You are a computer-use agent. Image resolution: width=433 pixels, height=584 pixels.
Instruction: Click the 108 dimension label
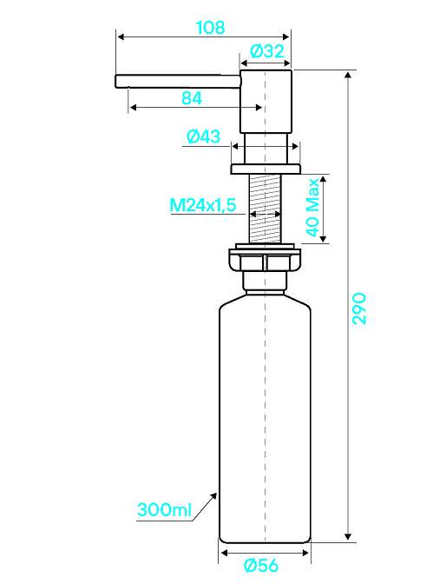click(210, 27)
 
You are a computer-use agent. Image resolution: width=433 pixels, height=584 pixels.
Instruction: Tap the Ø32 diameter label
click(267, 51)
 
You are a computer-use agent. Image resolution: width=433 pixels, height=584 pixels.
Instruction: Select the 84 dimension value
click(192, 98)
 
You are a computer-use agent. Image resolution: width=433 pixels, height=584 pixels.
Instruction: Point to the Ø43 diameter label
click(203, 136)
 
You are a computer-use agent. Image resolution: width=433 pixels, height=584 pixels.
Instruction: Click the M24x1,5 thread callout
click(203, 205)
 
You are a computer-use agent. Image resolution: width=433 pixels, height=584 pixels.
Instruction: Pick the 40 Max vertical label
click(313, 207)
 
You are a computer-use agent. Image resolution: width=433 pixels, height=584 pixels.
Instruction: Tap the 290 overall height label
click(359, 309)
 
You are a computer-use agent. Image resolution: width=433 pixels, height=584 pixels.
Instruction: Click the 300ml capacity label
click(164, 509)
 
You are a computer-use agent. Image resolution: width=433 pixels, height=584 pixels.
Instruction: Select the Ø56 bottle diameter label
click(261, 566)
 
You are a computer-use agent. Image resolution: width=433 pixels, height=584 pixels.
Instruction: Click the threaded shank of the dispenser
click(265, 209)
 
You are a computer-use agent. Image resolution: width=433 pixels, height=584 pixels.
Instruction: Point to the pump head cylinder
click(266, 101)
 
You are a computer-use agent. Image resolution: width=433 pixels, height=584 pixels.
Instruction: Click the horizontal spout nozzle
click(178, 81)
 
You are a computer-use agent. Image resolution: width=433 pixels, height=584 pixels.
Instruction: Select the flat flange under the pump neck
click(266, 169)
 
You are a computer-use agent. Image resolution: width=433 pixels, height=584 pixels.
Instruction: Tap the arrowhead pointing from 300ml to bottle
click(213, 496)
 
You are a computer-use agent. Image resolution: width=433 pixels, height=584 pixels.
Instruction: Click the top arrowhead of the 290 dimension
click(348, 75)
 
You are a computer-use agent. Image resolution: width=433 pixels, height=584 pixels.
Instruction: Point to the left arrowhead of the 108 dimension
click(121, 36)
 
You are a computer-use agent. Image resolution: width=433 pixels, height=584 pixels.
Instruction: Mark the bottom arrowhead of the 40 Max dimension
click(323, 238)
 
